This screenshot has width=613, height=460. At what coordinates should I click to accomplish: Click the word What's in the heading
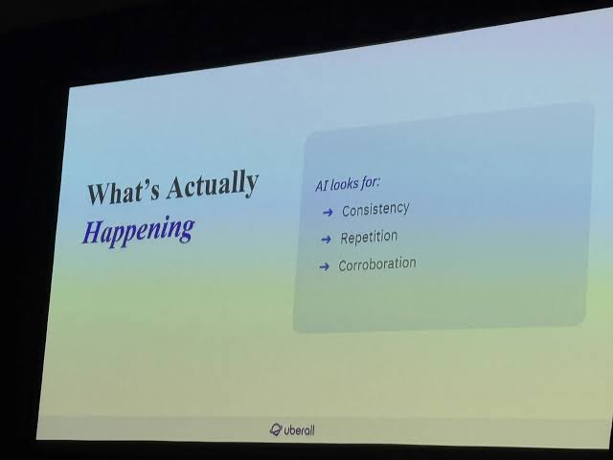[x=124, y=192]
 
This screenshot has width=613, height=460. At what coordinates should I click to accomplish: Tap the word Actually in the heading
[x=213, y=184]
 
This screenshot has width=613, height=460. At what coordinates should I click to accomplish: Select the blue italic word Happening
[x=138, y=230]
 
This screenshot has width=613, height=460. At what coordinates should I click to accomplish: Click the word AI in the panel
[x=321, y=186]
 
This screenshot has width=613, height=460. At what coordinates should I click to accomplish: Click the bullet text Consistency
[x=375, y=210]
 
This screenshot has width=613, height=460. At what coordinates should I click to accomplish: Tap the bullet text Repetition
[x=369, y=238]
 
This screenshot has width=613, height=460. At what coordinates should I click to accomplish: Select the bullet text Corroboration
[x=376, y=264]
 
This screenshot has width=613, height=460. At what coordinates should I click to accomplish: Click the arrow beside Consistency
[x=328, y=213]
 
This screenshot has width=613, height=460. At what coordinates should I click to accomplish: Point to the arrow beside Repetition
[x=326, y=240]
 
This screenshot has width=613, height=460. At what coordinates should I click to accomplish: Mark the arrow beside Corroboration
[x=324, y=266]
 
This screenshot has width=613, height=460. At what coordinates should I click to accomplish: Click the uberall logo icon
[x=276, y=429]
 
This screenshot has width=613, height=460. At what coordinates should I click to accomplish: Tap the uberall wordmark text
[x=299, y=430]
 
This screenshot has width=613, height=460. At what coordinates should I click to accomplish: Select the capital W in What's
[x=99, y=194]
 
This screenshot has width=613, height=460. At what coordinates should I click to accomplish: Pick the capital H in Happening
[x=92, y=232]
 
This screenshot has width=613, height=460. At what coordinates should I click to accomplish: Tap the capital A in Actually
[x=175, y=187]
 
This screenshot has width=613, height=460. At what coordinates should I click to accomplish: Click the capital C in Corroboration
[x=343, y=266]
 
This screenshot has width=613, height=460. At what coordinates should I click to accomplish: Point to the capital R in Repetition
[x=345, y=239]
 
